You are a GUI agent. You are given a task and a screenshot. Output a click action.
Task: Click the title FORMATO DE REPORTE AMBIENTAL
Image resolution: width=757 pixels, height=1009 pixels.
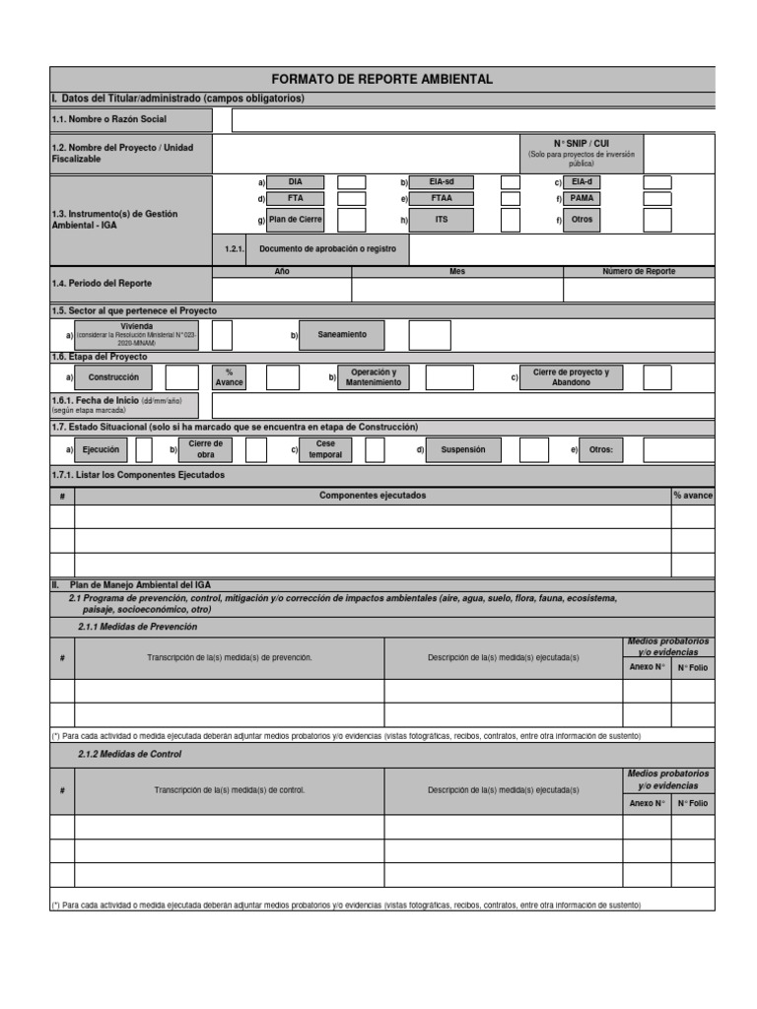[382, 79]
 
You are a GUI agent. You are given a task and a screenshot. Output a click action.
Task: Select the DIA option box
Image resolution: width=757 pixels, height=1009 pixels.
[296, 182]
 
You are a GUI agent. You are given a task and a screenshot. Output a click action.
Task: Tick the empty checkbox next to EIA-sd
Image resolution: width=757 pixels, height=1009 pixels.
[510, 182]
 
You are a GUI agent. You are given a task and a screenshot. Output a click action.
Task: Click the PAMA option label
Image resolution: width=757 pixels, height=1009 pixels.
[582, 199]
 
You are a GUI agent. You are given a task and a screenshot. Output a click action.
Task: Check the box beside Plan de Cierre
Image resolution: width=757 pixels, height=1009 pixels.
[351, 220]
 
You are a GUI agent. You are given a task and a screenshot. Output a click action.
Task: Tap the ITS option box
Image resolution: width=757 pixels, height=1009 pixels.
[441, 220]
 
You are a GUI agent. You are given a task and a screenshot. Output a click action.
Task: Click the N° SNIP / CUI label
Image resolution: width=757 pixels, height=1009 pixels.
[581, 143]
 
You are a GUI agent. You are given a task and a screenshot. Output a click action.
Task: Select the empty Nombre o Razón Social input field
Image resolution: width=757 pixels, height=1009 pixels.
[473, 120]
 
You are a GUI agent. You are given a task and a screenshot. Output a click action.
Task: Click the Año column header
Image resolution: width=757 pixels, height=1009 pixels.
[282, 271]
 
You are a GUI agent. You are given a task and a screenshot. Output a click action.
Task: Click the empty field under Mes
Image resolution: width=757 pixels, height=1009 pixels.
[456, 290]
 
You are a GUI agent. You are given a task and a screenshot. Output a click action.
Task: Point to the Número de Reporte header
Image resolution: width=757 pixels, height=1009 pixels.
[639, 271]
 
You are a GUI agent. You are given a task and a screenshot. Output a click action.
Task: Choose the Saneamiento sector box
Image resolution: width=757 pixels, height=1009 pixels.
[342, 335]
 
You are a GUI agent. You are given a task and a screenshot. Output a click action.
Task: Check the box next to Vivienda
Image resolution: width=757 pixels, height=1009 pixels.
[222, 335]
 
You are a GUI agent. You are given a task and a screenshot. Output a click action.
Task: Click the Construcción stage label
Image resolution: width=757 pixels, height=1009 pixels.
[113, 377]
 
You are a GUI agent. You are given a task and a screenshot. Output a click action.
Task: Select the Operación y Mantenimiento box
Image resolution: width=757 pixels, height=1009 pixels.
[374, 377]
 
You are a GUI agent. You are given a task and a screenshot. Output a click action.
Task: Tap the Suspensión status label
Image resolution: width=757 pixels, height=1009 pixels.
[462, 450]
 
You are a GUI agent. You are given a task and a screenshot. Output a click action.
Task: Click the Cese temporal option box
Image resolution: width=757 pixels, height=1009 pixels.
[324, 450]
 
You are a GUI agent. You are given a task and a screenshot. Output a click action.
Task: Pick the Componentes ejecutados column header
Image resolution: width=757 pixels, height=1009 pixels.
[373, 496]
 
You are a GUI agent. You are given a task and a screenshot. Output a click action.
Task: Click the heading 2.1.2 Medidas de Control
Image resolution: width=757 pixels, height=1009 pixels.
[130, 754]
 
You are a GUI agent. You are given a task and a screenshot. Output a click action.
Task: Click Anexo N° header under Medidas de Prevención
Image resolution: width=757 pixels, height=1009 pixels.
[647, 667]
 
